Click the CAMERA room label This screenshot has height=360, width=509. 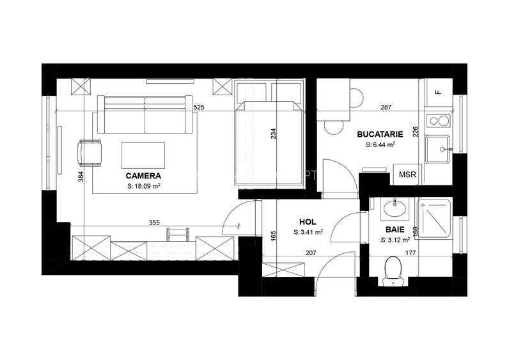(143, 176)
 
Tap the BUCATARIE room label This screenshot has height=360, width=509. (380, 134)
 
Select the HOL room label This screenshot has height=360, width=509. (308, 222)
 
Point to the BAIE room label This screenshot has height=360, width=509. (395, 230)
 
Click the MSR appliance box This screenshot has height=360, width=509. (407, 175)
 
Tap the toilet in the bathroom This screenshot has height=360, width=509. (393, 271)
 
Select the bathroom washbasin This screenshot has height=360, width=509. (395, 208)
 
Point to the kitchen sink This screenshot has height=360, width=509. (438, 150)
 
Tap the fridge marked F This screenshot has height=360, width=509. (439, 93)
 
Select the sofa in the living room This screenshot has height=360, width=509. (145, 114)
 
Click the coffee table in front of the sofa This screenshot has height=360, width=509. (143, 155)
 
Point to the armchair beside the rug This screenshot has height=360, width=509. (90, 153)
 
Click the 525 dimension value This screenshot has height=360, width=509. (199, 107)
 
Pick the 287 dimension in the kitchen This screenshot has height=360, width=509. (386, 107)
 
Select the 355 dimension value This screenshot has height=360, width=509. (154, 223)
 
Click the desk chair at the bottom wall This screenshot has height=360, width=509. (178, 235)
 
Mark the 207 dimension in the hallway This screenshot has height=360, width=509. (310, 253)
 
